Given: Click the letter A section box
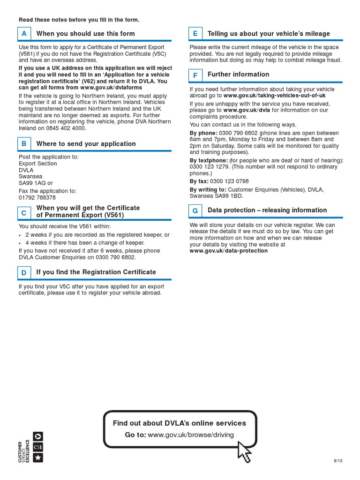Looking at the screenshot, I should [x=24, y=34].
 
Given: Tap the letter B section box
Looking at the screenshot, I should [x=24, y=144].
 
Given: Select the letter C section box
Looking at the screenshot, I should [x=24, y=212].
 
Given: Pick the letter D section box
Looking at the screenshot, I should [x=24, y=272].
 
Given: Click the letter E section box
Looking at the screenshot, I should [x=195, y=34].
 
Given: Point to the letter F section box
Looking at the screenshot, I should [x=195, y=75].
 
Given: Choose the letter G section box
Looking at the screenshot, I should [x=195, y=210].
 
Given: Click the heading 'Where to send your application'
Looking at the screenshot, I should [x=86, y=144].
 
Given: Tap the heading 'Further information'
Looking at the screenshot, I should [x=238, y=75].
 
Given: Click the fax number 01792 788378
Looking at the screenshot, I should [x=37, y=198].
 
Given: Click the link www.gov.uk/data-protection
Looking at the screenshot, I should [x=228, y=251].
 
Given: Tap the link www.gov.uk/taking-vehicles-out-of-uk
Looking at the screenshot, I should [x=274, y=96].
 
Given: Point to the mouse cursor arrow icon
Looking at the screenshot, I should [x=244, y=451].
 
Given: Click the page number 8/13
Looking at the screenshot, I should [x=338, y=461].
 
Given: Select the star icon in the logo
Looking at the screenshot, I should [x=38, y=457].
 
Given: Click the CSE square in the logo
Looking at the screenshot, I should [x=38, y=447].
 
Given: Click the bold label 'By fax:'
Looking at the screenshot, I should [x=199, y=181].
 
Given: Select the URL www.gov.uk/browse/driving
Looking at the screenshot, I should [x=191, y=435].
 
